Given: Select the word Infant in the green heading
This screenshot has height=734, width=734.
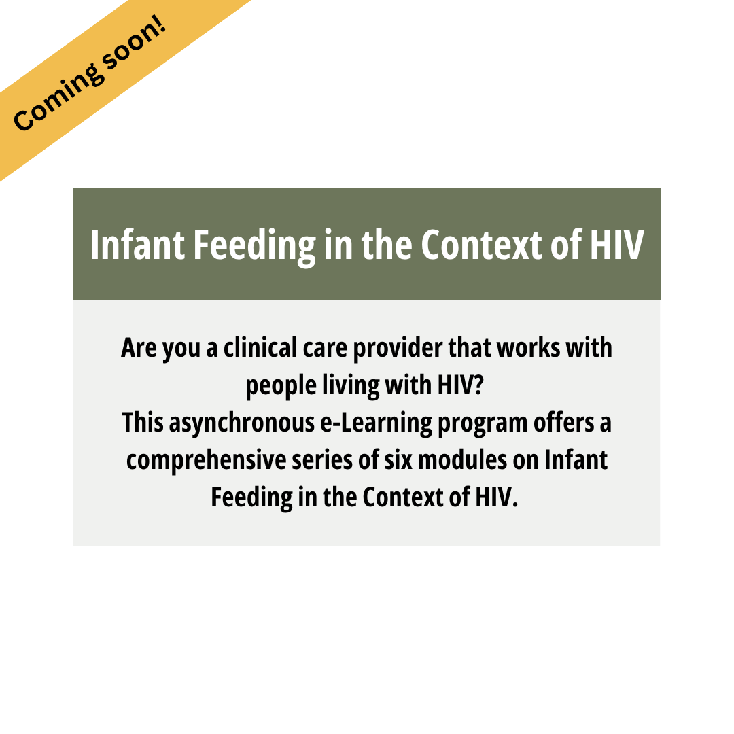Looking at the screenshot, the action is click(x=137, y=245).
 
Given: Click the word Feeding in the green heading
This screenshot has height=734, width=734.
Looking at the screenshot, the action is click(x=255, y=247).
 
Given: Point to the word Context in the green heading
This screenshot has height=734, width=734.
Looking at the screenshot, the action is click(x=482, y=245).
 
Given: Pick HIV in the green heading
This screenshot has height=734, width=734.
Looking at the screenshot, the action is click(x=616, y=245).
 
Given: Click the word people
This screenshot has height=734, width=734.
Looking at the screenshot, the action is click(x=281, y=387).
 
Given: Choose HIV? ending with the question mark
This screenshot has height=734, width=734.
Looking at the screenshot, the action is click(x=460, y=385).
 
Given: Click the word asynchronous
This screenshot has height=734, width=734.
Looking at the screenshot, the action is click(x=241, y=424).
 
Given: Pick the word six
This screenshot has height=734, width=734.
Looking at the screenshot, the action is click(x=398, y=459).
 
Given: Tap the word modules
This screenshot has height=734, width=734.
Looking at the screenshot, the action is click(x=463, y=459).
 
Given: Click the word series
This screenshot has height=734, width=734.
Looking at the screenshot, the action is click(x=323, y=459).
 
